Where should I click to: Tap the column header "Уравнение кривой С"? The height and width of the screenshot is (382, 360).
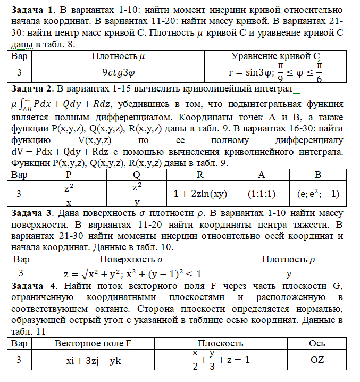(x=275, y=56)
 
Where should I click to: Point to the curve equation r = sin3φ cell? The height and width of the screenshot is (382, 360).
(x=275, y=72)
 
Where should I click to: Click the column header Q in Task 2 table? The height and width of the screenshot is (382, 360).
(x=137, y=175)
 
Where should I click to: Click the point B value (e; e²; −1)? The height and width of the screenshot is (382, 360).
(x=318, y=195)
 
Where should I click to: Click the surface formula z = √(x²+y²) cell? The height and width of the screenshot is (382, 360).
(x=132, y=273)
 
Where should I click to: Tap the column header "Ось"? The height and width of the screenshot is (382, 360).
(x=317, y=343)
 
